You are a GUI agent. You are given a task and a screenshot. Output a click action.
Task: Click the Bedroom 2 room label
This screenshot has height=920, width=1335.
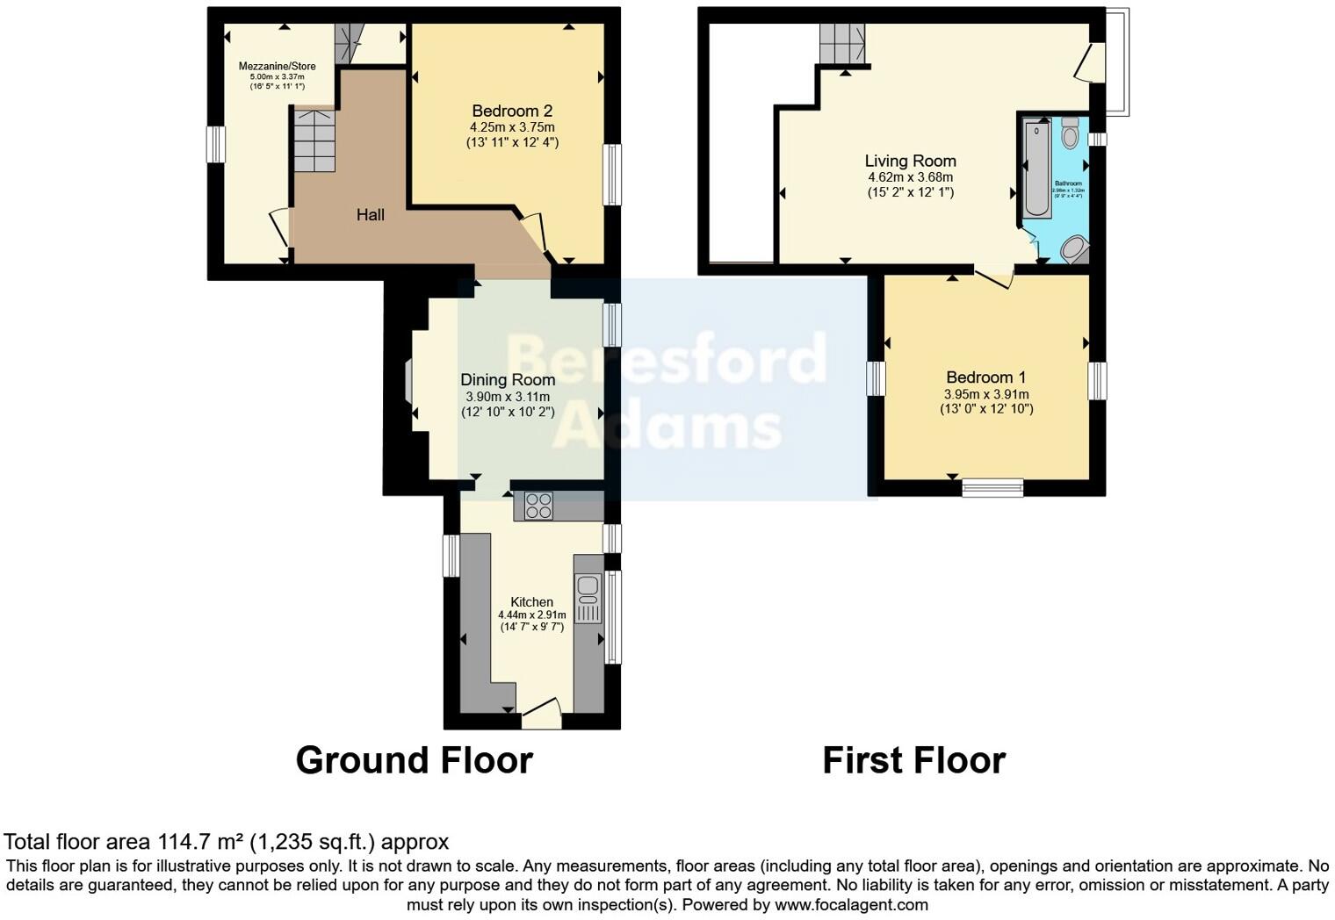point(512,111)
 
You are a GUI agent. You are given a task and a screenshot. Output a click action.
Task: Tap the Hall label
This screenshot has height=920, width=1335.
point(370,214)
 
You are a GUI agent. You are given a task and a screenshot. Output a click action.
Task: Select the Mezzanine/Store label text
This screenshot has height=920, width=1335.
point(277,67)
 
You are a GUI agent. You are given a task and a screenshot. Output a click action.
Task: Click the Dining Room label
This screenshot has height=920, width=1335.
point(508,380)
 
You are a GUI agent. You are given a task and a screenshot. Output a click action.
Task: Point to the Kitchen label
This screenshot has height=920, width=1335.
point(531,602)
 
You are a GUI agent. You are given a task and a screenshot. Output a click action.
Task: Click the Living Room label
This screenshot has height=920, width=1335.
point(910,162)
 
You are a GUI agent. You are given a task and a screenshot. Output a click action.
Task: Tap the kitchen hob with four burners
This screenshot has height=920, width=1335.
point(538,506)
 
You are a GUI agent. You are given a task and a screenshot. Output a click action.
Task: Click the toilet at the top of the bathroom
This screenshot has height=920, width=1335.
point(1070,133)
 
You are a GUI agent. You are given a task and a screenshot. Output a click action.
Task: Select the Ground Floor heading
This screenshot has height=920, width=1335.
point(414,760)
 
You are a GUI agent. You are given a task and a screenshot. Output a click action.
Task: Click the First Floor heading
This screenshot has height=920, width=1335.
point(913,760)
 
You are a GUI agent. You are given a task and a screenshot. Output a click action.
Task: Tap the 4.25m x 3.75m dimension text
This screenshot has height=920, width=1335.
point(512,127)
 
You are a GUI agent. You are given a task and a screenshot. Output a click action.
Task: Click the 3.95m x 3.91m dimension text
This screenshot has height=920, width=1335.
point(985,394)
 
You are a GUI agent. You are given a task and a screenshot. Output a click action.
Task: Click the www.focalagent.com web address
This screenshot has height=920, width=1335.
point(850,904)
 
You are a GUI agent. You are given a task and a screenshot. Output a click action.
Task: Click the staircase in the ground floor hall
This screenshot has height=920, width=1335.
point(314,140)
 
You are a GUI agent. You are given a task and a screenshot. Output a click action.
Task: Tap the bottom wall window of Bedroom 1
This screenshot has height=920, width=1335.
point(992,487)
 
